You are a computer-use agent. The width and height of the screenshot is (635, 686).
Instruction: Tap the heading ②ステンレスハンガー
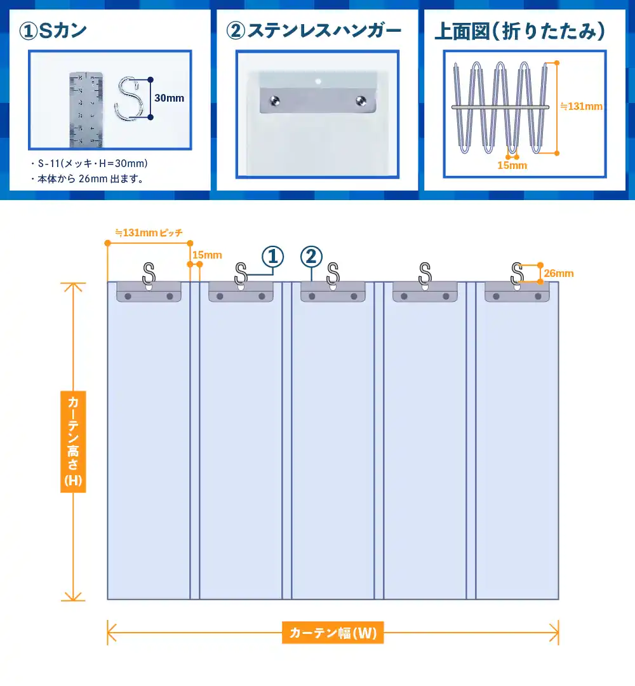pyautogui.click(x=315, y=30)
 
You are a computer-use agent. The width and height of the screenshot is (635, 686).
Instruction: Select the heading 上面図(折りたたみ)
pyautogui.click(x=519, y=31)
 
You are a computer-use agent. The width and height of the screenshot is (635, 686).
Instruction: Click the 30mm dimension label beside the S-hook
pyautogui.click(x=169, y=98)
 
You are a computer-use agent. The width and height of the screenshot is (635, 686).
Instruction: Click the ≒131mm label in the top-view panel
pyautogui.click(x=581, y=107)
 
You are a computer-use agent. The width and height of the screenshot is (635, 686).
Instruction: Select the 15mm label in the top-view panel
pyautogui.click(x=512, y=165)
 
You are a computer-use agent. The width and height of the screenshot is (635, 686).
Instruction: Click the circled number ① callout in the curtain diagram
pyautogui.click(x=272, y=257)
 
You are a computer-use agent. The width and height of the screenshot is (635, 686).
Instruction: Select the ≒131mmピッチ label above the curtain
pyautogui.click(x=149, y=233)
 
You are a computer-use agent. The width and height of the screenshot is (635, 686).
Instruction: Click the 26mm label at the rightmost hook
pyautogui.click(x=559, y=274)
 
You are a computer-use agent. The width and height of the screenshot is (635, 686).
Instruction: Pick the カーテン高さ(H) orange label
pyautogui.click(x=74, y=441)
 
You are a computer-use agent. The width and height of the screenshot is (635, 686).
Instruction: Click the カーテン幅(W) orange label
pyautogui.click(x=333, y=633)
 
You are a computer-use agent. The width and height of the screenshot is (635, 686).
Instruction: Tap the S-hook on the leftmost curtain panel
pyautogui.click(x=149, y=274)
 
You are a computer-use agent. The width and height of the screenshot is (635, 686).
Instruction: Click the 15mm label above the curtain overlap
pyautogui.click(x=207, y=255)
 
